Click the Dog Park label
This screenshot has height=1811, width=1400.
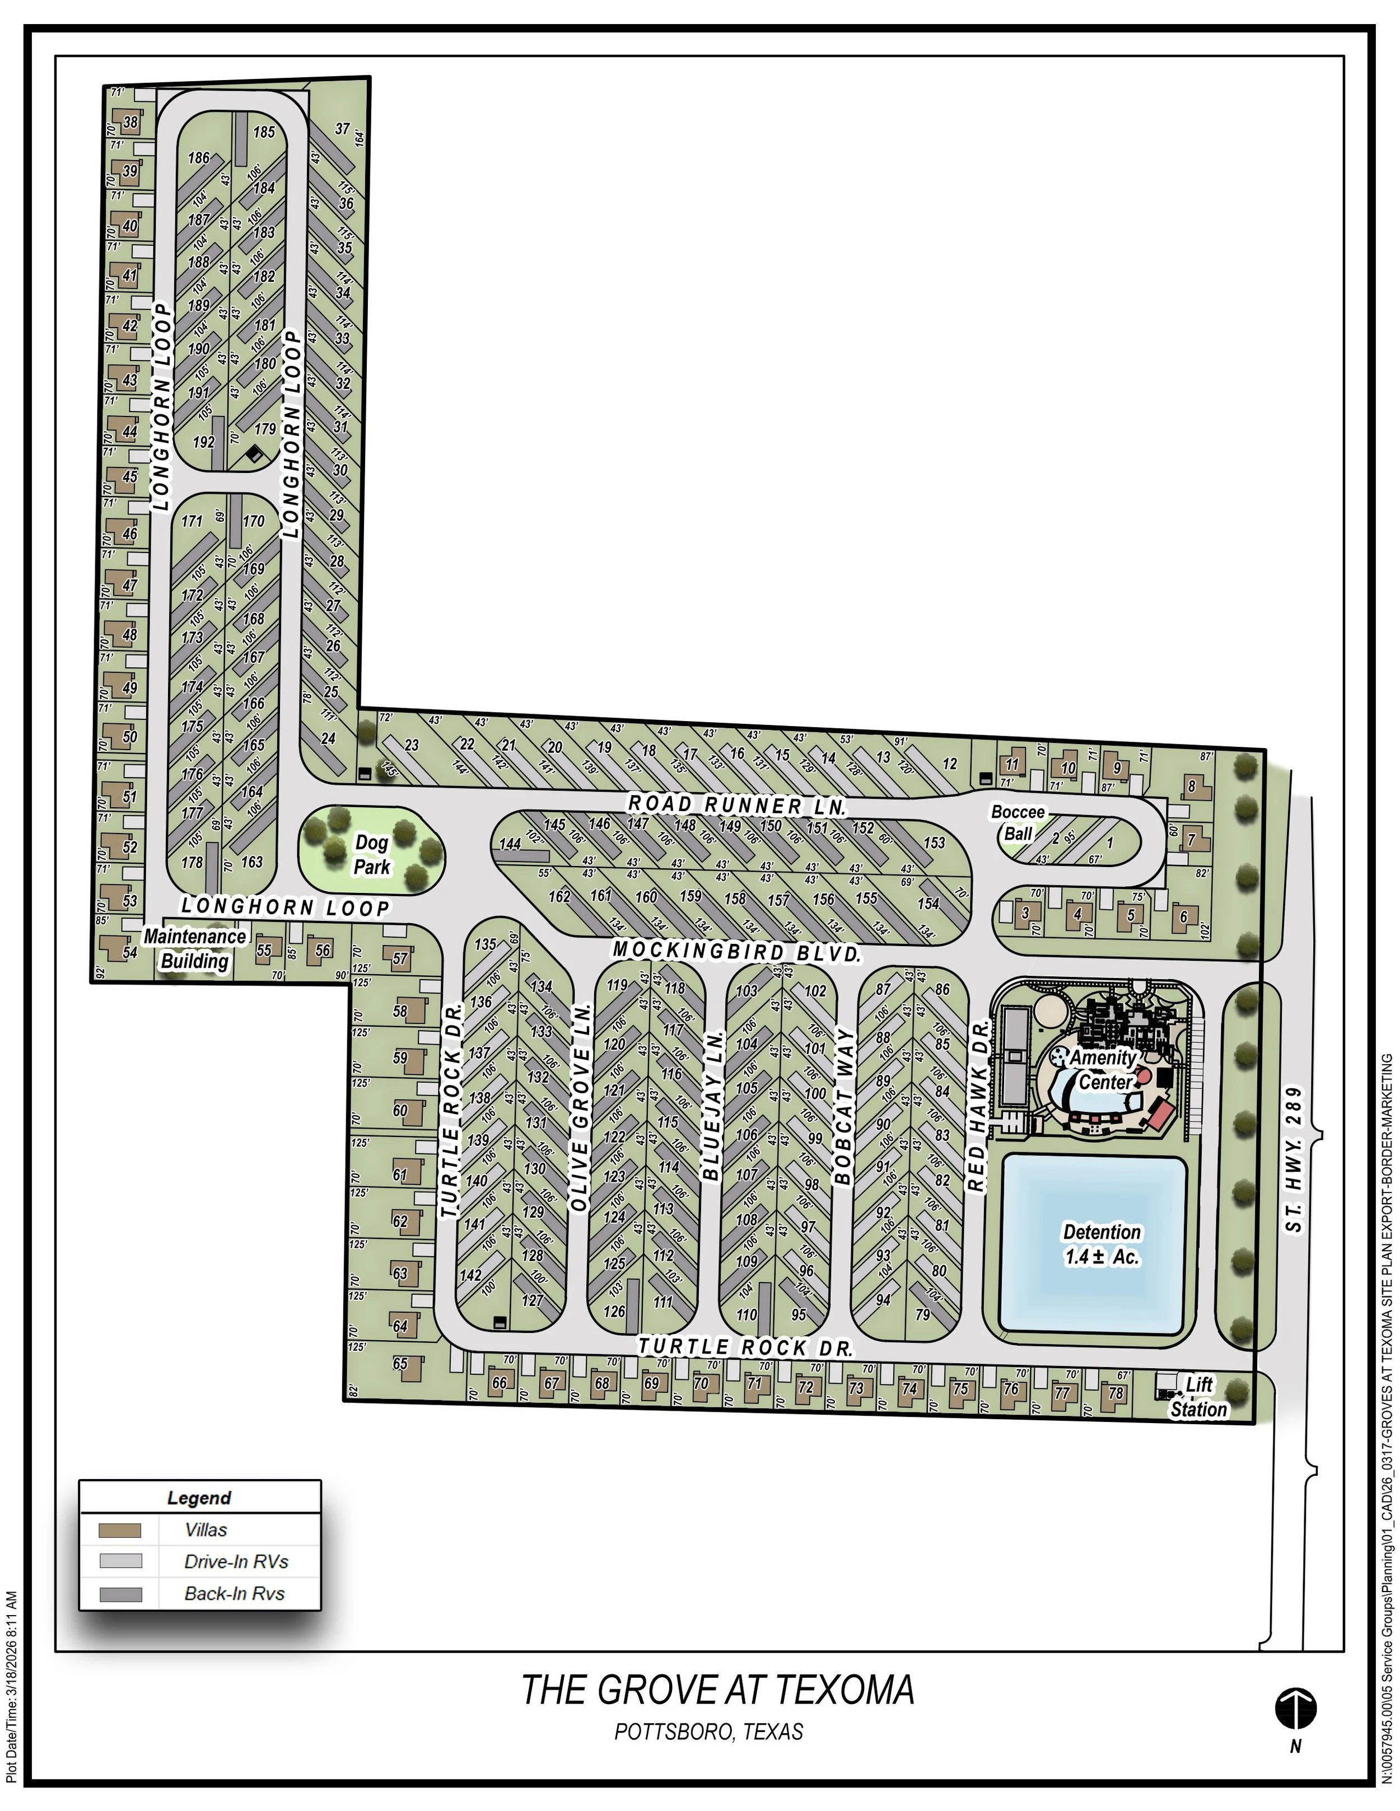click(372, 855)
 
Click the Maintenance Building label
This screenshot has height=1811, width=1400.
click(195, 949)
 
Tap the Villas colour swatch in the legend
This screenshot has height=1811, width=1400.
click(120, 1530)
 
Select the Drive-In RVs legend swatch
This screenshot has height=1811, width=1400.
click(120, 1561)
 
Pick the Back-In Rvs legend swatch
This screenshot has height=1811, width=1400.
click(120, 1593)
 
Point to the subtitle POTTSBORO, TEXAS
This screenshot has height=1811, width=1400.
click(709, 1732)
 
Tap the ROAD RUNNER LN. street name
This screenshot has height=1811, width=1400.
click(736, 805)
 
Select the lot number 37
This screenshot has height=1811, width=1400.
click(343, 129)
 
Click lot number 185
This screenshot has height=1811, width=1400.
click(264, 132)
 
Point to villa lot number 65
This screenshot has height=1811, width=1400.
click(400, 1363)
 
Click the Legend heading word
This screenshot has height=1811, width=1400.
click(199, 1498)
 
